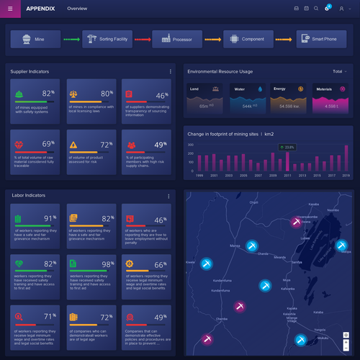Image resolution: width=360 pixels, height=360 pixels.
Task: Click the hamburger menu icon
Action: (10, 8)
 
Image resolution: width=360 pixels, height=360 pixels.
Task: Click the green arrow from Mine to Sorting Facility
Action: (71, 39)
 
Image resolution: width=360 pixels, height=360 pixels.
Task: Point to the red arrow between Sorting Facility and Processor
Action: (141, 39)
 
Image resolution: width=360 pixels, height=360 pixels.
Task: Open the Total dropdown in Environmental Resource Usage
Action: (339, 72)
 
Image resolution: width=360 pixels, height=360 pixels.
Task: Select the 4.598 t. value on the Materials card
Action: (332, 106)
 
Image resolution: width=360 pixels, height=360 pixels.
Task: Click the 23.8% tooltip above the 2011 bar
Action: (289, 147)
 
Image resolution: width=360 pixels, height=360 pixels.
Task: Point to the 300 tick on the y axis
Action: (190, 144)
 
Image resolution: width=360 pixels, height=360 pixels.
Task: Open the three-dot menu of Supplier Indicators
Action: (171, 72)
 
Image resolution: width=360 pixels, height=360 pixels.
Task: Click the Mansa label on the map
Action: (235, 246)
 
